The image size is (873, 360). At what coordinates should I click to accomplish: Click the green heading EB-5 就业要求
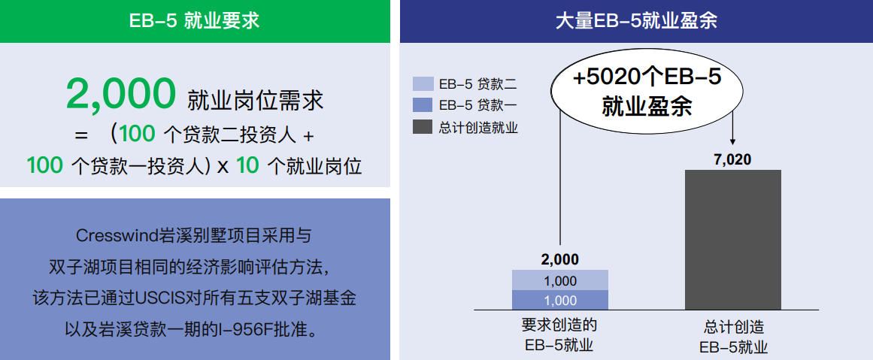pos(194,20)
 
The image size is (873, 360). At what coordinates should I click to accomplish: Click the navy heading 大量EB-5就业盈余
pos(636,20)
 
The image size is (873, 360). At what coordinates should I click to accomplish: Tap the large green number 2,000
pos(121,95)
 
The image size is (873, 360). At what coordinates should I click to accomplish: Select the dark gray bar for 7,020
pos(732,240)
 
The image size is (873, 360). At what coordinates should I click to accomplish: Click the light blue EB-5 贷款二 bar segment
pos(560,280)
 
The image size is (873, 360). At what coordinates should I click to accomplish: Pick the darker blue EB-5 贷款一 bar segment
pos(560,301)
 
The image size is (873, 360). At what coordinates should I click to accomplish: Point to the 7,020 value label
pos(732,159)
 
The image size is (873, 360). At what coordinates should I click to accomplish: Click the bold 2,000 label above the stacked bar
pos(559,260)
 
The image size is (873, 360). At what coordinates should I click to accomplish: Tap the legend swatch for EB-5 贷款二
pos(423,84)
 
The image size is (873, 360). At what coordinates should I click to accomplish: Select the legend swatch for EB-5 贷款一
pos(423,105)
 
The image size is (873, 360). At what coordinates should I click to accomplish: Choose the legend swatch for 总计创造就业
pos(423,127)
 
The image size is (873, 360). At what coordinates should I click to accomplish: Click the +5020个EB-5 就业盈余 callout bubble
pos(647,91)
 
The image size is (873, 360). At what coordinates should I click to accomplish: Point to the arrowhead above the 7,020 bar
pos(732,141)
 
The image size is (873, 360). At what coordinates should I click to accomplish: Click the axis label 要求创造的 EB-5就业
pos(559,335)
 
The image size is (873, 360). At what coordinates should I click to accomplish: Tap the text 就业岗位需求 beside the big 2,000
pos(256,100)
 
